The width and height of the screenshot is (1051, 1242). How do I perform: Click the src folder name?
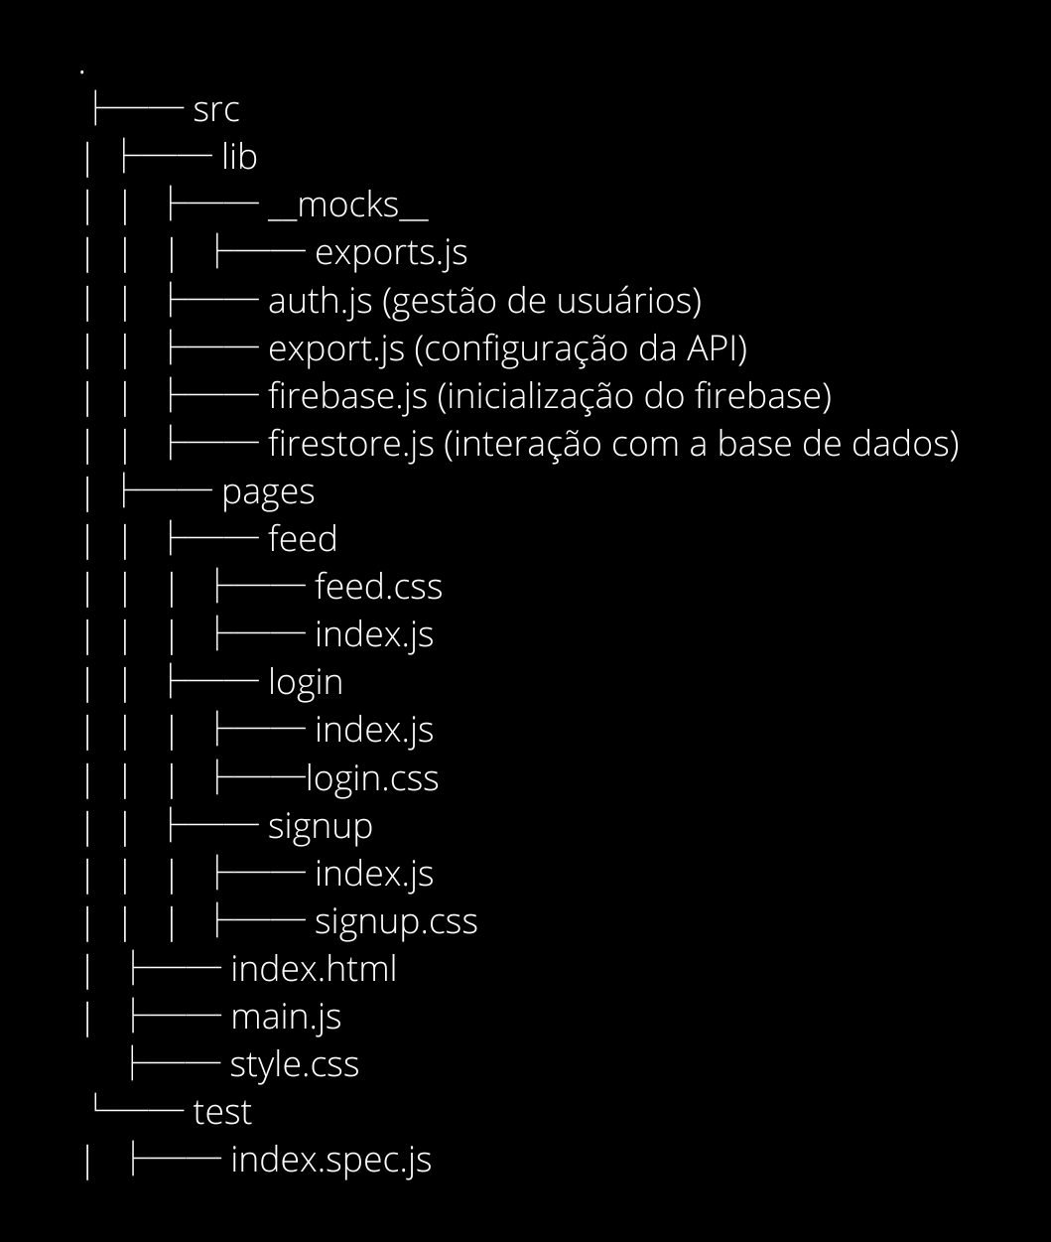pos(216,109)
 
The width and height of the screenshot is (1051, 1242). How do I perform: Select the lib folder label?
pos(239,157)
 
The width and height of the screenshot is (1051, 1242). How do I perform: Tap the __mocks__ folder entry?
pos(347,205)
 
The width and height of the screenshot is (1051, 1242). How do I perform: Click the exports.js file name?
pos(391,253)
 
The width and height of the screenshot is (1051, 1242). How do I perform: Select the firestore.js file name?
pos(351,445)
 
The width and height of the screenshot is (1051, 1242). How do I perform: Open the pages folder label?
pos(268,492)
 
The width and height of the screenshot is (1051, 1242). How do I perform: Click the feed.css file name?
pos(378,588)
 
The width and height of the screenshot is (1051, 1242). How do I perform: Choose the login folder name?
pos(306,683)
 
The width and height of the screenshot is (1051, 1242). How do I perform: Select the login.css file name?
pos(372,779)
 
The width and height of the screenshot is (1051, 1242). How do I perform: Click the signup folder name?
pos(321,827)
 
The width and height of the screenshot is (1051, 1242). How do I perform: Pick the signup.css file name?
pos(396,922)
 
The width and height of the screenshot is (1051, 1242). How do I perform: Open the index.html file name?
pos(313,969)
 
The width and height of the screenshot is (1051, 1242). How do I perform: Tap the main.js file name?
pos(286,1018)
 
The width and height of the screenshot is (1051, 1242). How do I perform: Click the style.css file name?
pos(294,1065)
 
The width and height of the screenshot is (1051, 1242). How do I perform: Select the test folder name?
pos(222,1113)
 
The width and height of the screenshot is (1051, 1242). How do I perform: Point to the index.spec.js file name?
pos(330,1161)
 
